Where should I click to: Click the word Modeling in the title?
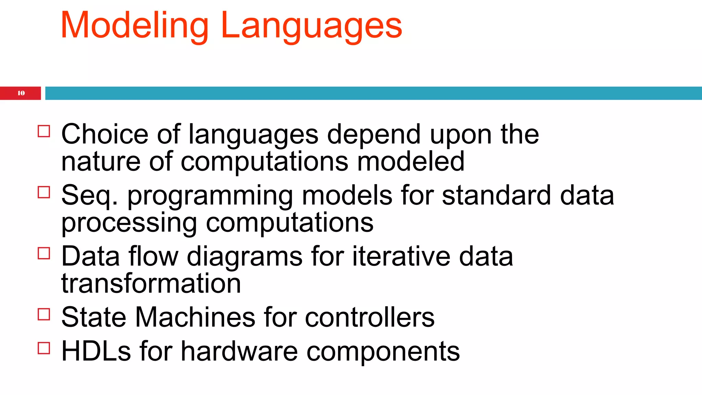134,26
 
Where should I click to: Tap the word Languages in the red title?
311,26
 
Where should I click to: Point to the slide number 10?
21,93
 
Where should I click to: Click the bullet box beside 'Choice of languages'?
44,131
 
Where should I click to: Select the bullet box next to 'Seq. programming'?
44,192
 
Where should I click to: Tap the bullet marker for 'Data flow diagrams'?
44,253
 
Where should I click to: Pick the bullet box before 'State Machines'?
44,314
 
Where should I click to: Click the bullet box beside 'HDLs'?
44,348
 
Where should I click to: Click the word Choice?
105,134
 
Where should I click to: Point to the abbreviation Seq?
89,195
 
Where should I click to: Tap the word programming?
210,196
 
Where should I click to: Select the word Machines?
195,317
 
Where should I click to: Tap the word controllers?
370,317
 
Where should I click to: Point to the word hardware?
239,351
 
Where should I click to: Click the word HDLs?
96,351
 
